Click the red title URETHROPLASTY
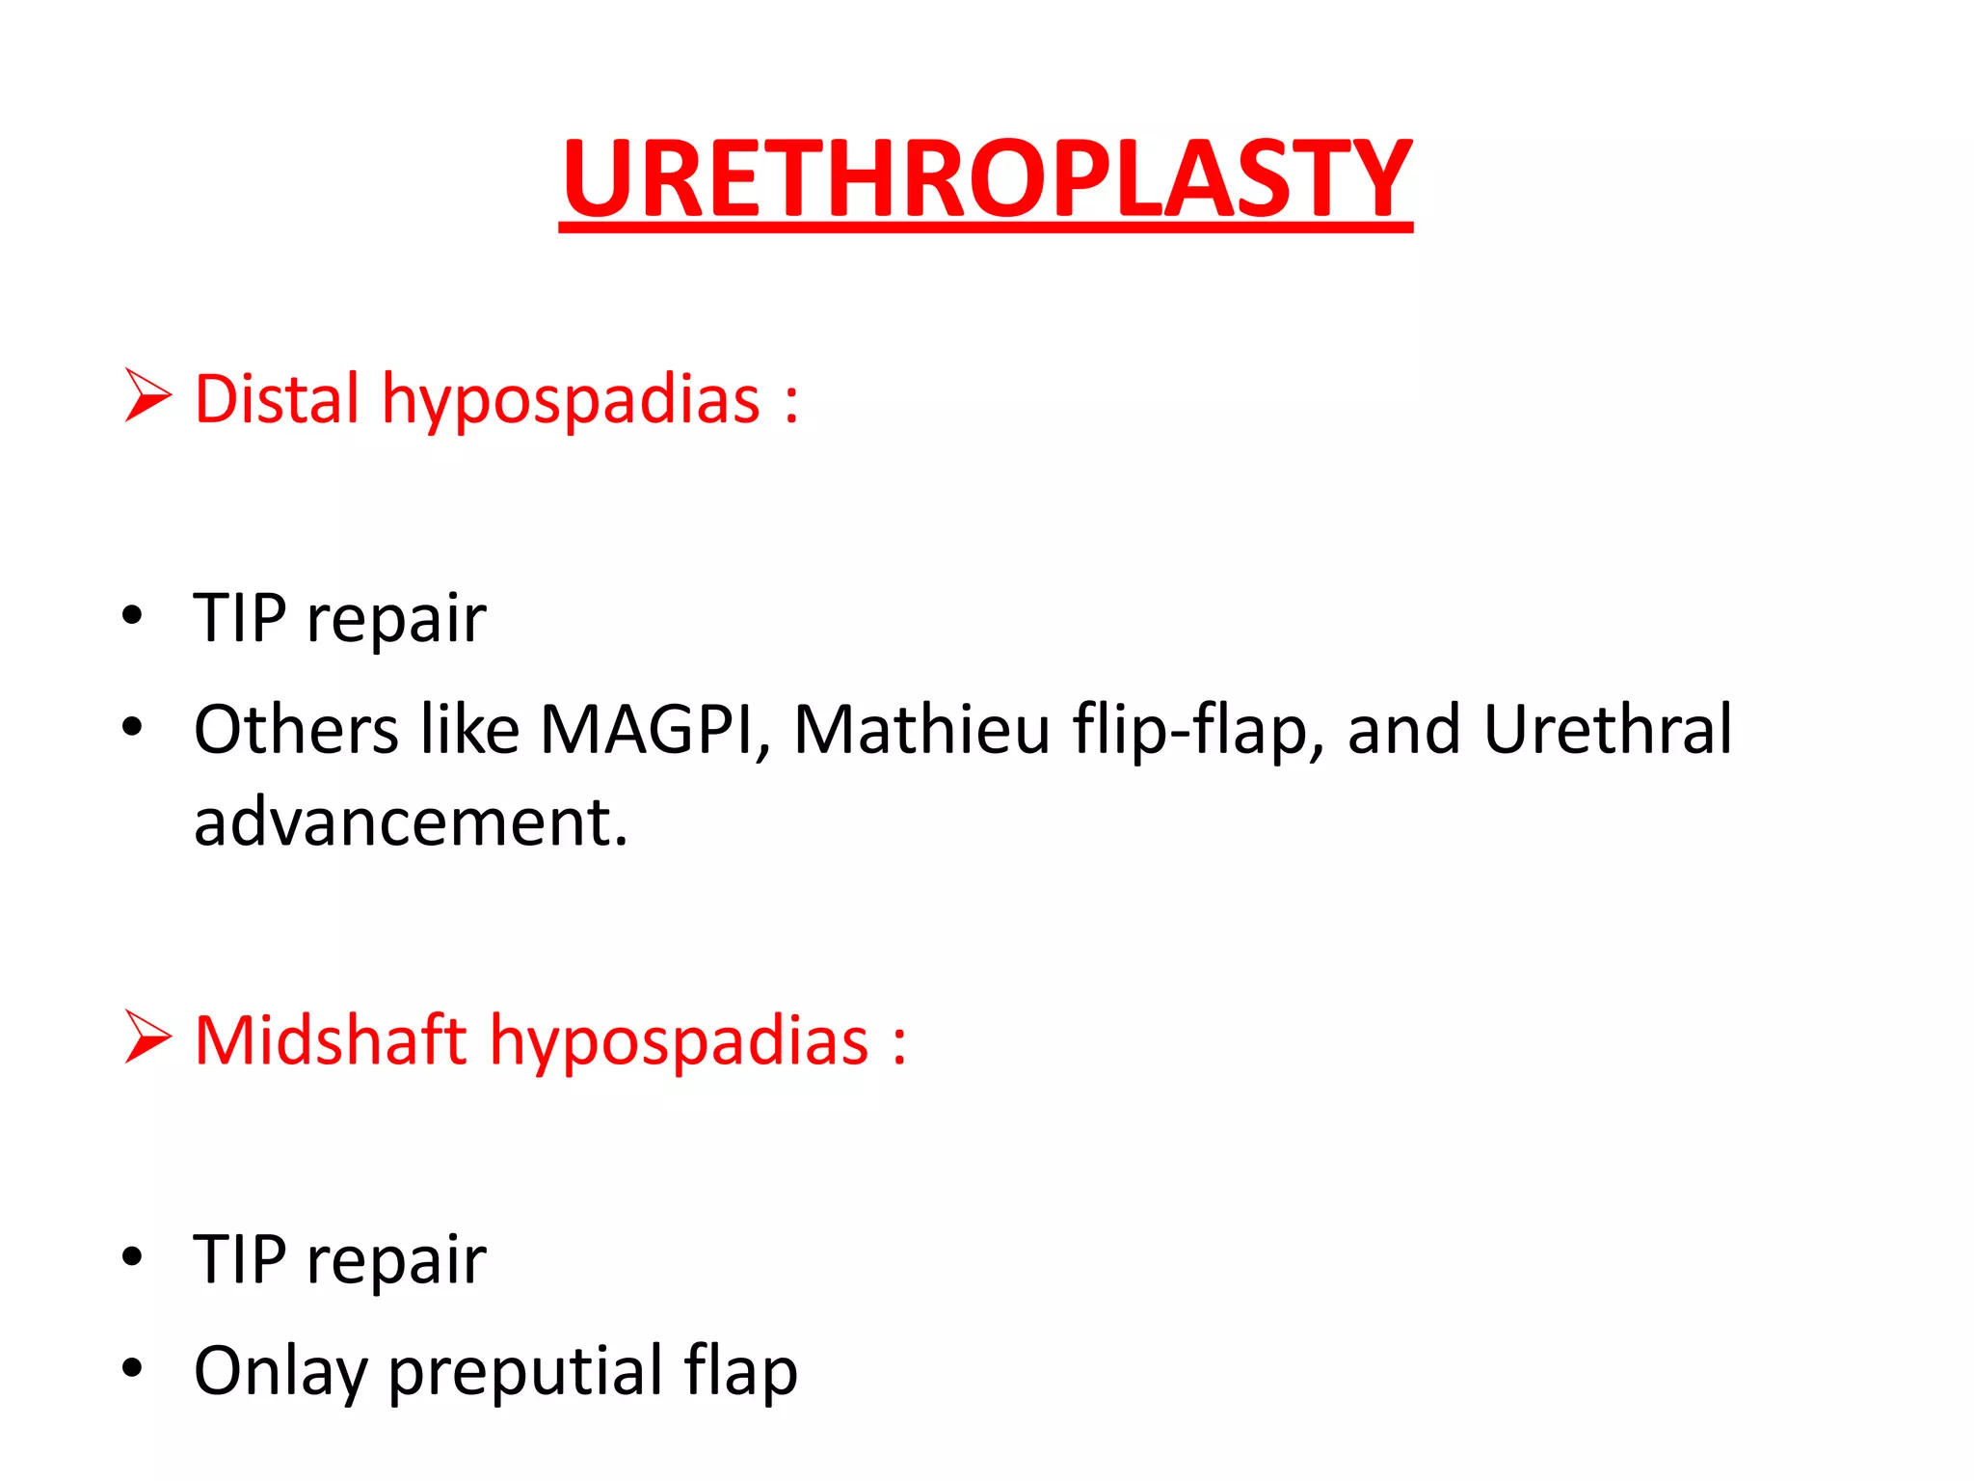point(985,178)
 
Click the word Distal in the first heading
point(276,398)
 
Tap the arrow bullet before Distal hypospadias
point(147,396)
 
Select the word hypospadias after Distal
point(571,400)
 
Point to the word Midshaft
point(330,1040)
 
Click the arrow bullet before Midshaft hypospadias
point(147,1037)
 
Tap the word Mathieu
point(920,729)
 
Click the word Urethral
point(1608,729)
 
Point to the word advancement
point(410,822)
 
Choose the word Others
point(296,729)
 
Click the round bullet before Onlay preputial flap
point(132,1367)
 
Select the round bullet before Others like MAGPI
point(132,726)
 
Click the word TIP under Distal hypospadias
point(239,617)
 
